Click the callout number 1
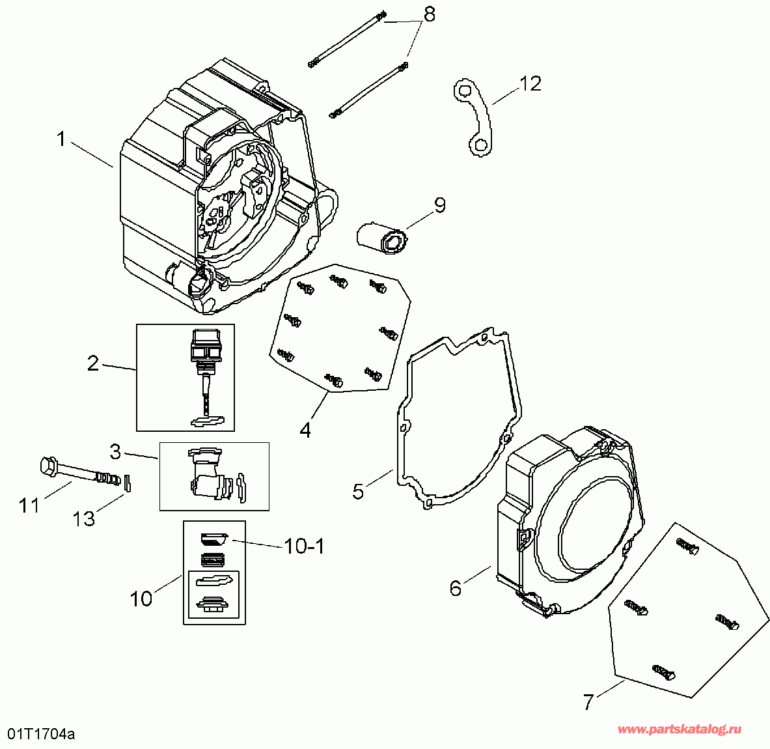point(61,139)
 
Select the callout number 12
point(530,83)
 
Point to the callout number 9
point(440,205)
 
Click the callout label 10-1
point(304,546)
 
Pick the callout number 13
point(84,519)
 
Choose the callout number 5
point(359,491)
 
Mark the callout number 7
point(588,702)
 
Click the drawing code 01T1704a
point(41,735)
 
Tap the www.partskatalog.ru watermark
point(679,730)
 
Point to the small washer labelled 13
point(129,483)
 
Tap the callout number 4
point(305,431)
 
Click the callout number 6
point(456,588)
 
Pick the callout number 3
point(115,450)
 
